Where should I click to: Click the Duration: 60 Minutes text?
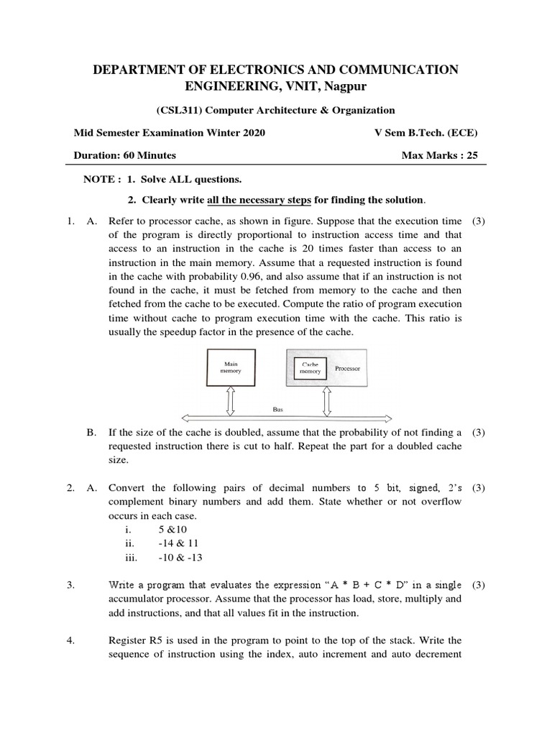point(125,155)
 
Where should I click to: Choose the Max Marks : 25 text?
point(441,155)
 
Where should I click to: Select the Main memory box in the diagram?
point(231,369)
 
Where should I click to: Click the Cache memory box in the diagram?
point(310,369)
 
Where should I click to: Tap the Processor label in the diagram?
point(347,369)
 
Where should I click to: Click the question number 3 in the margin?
point(71,585)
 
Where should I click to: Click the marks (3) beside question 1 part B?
point(479,433)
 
